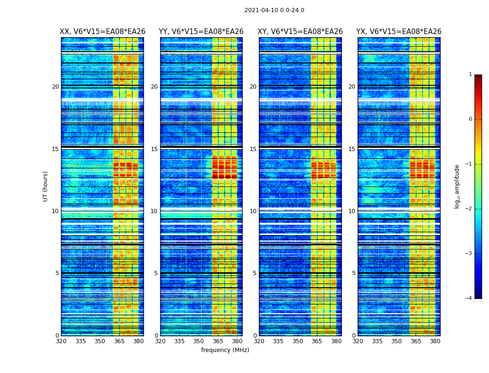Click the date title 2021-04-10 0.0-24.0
click(274, 10)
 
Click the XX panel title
click(102, 32)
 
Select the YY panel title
click(201, 32)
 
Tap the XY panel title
click(300, 32)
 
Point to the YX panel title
click(399, 32)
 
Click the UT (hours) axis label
click(45, 186)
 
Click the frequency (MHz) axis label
click(225, 350)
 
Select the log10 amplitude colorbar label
click(457, 186)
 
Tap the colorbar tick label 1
click(470, 75)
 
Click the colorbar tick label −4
click(469, 298)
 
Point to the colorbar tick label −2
click(469, 209)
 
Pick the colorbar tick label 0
click(470, 119)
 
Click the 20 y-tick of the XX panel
click(55, 87)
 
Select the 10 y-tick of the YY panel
click(154, 211)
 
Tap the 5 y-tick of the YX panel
click(353, 273)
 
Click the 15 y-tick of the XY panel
click(253, 149)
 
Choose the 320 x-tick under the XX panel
click(61, 341)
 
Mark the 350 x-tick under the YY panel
click(199, 341)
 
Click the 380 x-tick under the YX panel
click(435, 341)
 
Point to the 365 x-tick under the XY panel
click(317, 341)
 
